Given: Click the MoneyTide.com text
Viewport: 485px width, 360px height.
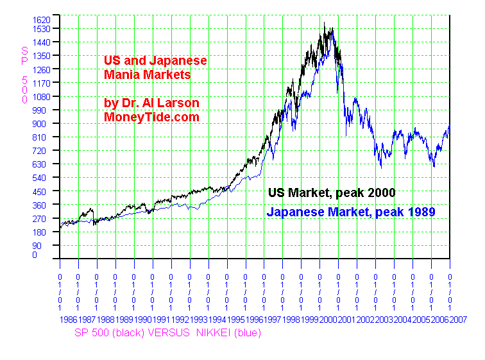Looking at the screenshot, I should [151, 117].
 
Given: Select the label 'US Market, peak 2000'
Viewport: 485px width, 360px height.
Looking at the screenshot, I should [331, 192].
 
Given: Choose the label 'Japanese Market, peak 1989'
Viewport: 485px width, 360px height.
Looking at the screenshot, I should [351, 212].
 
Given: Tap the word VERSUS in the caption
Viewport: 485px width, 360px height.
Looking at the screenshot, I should [160, 332].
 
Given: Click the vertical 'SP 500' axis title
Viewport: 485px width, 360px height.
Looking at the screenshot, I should [24, 74].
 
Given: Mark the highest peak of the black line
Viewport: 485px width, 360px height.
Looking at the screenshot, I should [325, 24].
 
